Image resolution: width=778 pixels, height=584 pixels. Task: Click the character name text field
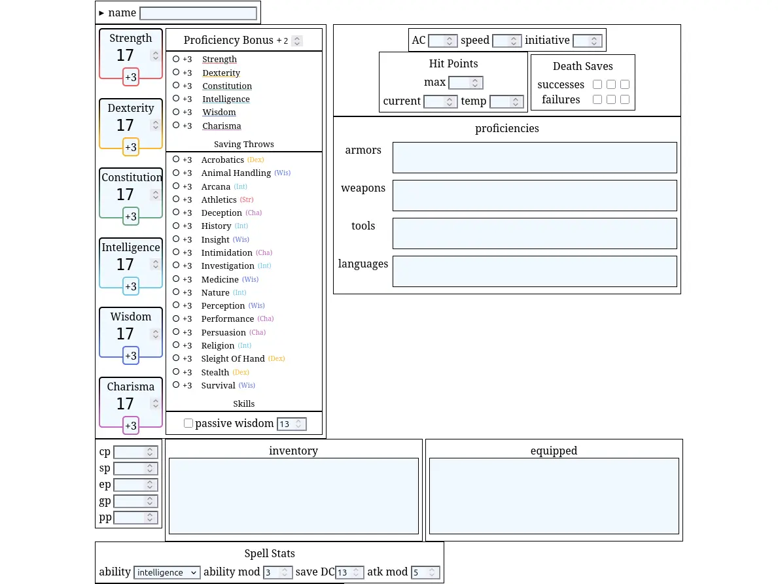[x=198, y=13]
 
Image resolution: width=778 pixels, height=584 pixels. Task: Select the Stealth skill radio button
[x=176, y=371]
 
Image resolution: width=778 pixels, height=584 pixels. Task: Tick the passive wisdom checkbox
[x=188, y=423]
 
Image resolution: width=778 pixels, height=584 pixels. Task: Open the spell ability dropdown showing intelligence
[x=167, y=572]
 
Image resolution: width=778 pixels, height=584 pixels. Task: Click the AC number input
[x=442, y=41]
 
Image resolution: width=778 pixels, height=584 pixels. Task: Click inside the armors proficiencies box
[x=535, y=158]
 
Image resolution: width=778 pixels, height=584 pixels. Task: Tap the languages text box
[x=535, y=271]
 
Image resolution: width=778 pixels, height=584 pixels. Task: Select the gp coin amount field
[x=135, y=501]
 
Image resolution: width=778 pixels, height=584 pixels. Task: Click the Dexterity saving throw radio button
[x=176, y=73]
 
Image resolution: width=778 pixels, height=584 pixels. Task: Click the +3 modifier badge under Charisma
[x=131, y=425]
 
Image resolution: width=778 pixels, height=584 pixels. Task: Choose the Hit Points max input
[x=465, y=83]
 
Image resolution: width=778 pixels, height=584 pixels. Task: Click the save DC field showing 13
[x=349, y=572]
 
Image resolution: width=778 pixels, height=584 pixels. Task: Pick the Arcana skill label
[x=216, y=186]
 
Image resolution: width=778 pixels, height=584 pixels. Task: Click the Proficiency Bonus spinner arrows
[x=296, y=41]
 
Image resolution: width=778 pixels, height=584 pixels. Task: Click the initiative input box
[x=587, y=41]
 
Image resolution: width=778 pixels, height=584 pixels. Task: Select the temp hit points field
[x=506, y=101]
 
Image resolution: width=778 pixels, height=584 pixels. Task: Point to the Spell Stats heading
[x=270, y=553]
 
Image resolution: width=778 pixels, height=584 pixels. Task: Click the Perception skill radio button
[x=176, y=305]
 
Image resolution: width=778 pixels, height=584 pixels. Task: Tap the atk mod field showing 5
[x=425, y=572]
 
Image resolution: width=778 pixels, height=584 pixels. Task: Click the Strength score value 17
[x=125, y=55]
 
